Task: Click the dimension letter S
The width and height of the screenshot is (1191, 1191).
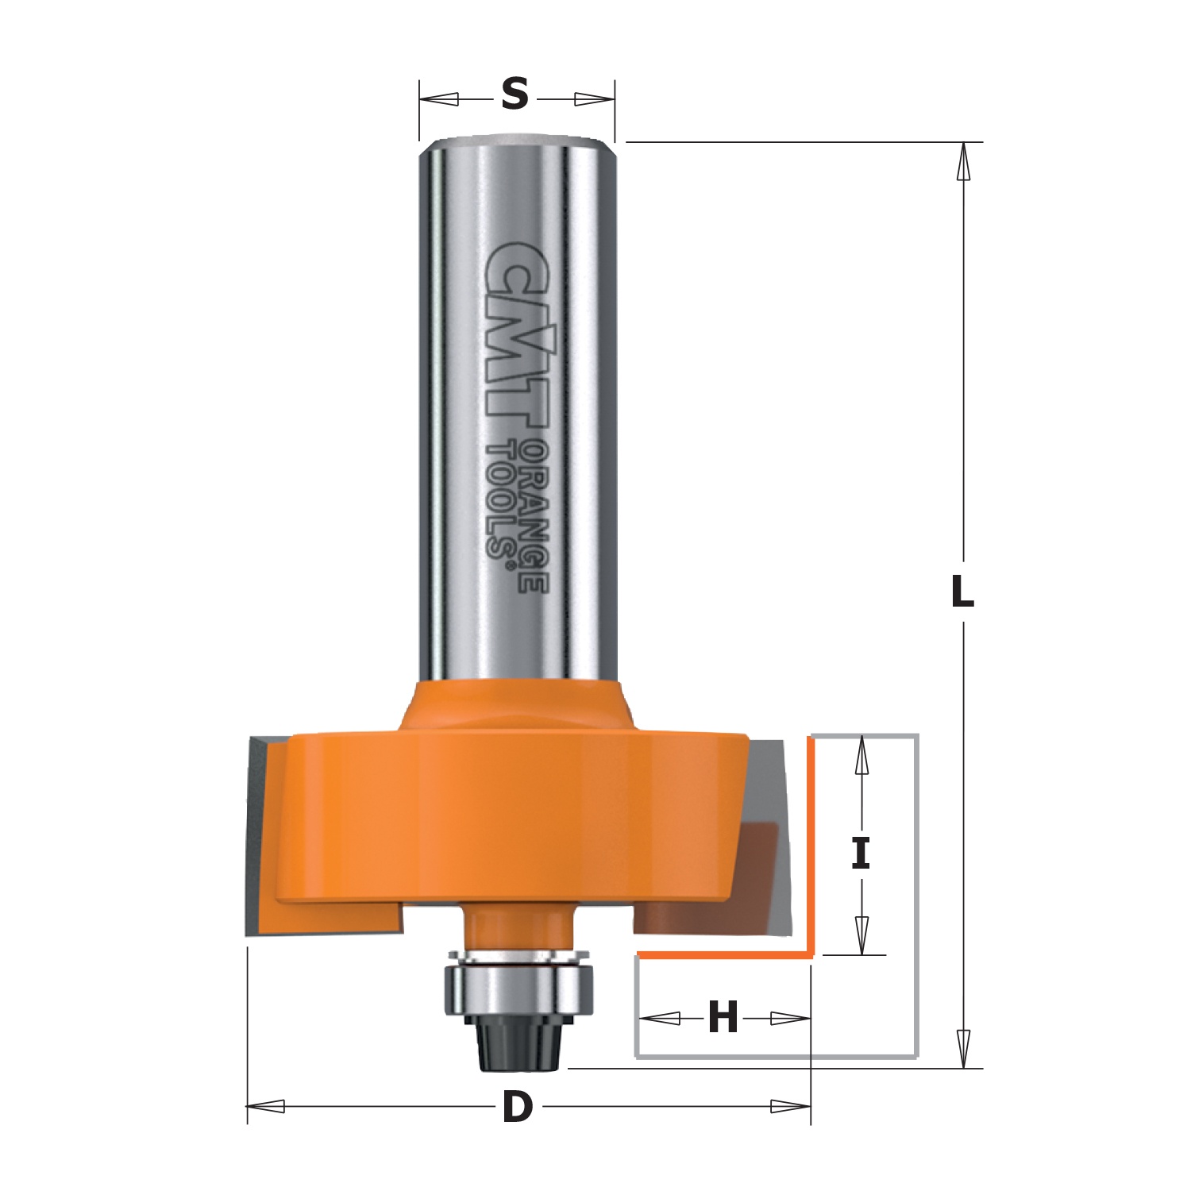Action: click(515, 94)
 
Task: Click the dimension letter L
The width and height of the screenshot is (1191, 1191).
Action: click(962, 591)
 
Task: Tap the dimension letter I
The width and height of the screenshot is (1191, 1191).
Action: click(861, 854)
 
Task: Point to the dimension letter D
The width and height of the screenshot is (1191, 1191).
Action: click(518, 1107)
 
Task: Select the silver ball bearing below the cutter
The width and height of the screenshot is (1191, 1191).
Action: click(516, 990)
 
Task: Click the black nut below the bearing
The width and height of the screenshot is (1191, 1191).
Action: click(517, 1041)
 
